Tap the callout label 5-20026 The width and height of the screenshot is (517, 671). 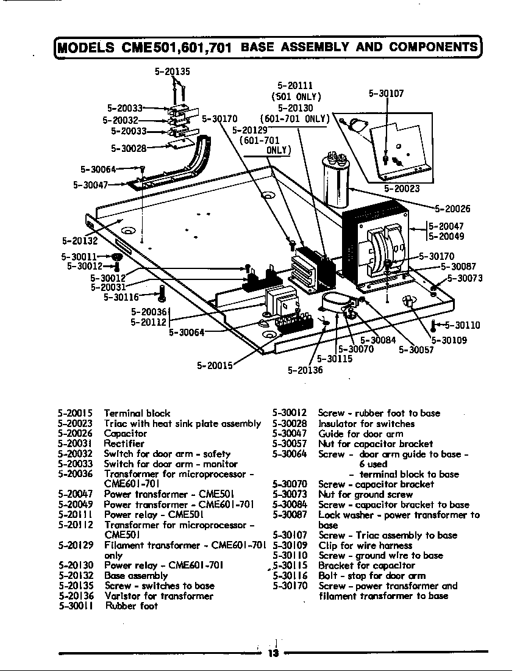tap(452, 209)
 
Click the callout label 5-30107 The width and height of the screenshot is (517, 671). tap(386, 94)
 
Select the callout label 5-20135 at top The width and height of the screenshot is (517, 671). tap(172, 71)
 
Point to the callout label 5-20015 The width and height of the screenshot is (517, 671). tap(215, 366)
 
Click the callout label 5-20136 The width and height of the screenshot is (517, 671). tap(305, 370)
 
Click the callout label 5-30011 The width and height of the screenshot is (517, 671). tap(79, 257)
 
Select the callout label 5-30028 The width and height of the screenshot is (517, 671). tap(129, 148)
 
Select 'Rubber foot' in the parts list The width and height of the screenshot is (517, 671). tap(131, 606)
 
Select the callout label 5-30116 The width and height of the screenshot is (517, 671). tap(121, 297)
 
